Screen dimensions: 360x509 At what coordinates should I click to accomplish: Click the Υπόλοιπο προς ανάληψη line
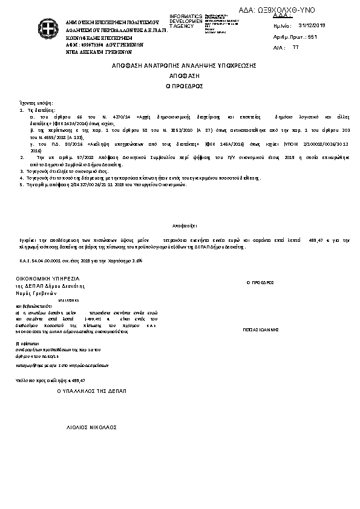click(x=50, y=380)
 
